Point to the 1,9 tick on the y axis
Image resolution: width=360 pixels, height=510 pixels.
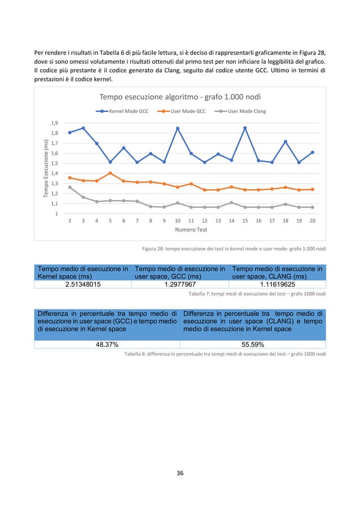(54, 123)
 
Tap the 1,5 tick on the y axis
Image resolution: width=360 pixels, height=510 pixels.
(54, 163)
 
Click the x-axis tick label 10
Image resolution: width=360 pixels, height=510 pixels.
(177, 221)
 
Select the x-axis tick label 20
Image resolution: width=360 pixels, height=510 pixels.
(312, 221)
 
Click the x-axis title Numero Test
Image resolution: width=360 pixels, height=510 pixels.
(190, 230)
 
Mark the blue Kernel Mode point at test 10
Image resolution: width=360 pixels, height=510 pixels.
(178, 128)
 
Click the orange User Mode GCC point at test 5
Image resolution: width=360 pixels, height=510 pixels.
(110, 173)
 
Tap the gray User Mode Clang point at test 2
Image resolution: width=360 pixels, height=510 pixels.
(70, 187)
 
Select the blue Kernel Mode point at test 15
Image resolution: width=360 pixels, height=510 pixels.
(245, 128)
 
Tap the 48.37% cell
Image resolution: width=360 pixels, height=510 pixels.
(107, 345)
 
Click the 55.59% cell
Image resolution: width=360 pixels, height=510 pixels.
(253, 345)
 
